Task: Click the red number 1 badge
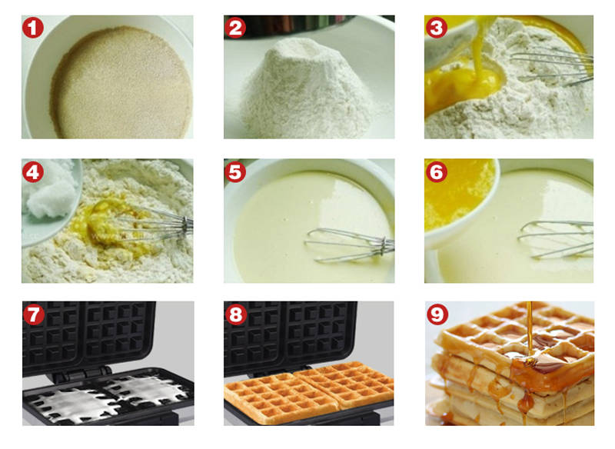tap(33, 28)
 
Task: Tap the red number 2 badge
tap(235, 28)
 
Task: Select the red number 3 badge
tap(437, 28)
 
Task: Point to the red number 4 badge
tap(33, 171)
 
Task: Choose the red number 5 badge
tap(235, 171)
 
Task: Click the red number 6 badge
tap(437, 171)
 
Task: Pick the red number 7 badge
tap(34, 314)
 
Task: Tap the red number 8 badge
tap(236, 314)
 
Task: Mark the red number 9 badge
tap(437, 314)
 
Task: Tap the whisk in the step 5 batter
tap(349, 245)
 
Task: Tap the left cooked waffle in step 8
tap(281, 398)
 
